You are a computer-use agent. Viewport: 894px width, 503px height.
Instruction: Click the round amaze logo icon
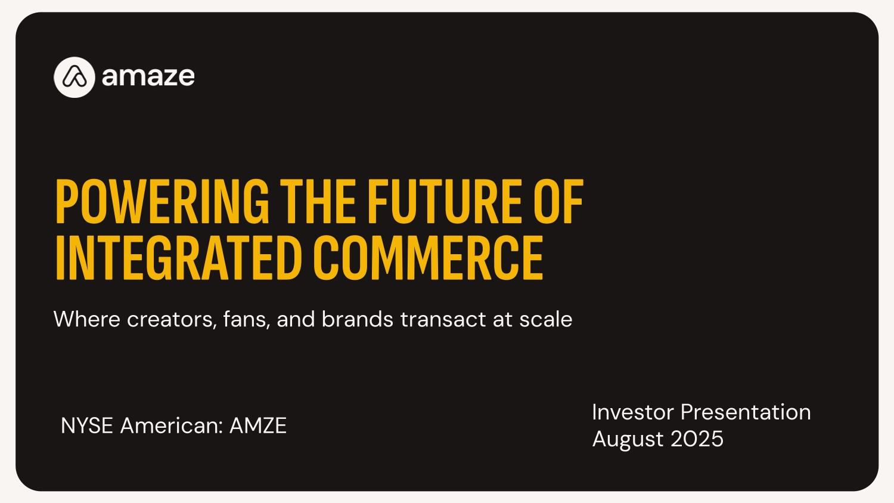click(x=74, y=77)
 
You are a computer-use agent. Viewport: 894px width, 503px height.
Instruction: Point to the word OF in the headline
click(x=559, y=201)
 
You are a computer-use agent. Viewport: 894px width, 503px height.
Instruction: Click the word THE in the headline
click(x=318, y=201)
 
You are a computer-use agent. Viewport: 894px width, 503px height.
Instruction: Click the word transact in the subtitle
click(x=443, y=320)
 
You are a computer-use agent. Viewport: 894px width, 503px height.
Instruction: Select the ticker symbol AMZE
click(x=258, y=425)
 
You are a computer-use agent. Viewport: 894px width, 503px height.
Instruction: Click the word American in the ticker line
click(x=172, y=425)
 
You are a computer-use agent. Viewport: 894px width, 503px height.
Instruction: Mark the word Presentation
click(x=746, y=412)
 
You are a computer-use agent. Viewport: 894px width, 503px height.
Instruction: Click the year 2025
click(x=697, y=439)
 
